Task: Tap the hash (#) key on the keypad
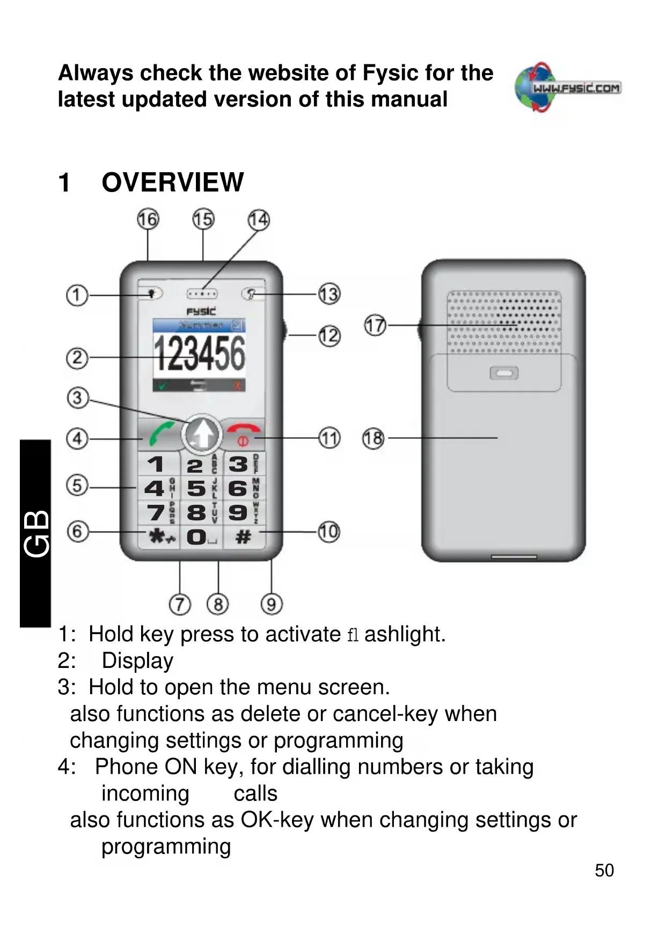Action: [244, 536]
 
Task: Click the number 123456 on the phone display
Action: [199, 354]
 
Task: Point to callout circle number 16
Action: [148, 219]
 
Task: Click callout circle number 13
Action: [329, 294]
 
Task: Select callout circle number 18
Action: [374, 438]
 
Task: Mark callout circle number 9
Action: [272, 605]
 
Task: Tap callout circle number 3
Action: [77, 398]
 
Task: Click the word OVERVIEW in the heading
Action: [172, 182]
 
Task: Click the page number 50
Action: [604, 870]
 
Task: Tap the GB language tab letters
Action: [36, 533]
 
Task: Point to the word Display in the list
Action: [137, 660]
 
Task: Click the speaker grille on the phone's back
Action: [504, 322]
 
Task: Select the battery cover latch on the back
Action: [504, 373]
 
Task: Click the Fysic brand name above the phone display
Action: [201, 311]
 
